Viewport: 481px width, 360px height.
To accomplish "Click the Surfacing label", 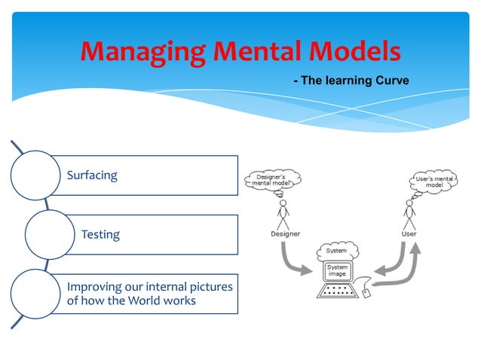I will pyautogui.click(x=92, y=175).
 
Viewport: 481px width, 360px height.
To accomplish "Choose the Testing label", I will pyautogui.click(x=100, y=234).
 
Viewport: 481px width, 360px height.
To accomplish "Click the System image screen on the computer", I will pyautogui.click(x=336, y=271).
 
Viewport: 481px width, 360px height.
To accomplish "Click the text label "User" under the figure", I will pyautogui.click(x=409, y=233).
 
